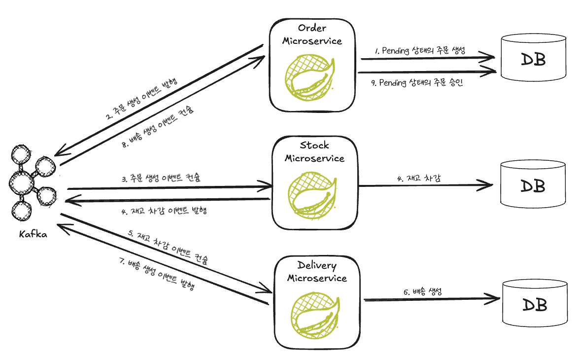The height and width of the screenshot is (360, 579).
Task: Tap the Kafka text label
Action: click(x=33, y=234)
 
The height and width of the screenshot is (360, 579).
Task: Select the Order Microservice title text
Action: click(x=312, y=35)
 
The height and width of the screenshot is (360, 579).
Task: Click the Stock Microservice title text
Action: click(x=314, y=152)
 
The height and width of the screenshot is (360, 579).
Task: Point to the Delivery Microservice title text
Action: click(x=317, y=272)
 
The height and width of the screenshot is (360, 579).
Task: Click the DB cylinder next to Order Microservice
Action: click(x=533, y=58)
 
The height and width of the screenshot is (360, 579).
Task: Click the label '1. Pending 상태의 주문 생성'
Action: click(x=420, y=51)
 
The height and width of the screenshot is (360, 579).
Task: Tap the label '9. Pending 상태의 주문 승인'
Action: click(x=417, y=83)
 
